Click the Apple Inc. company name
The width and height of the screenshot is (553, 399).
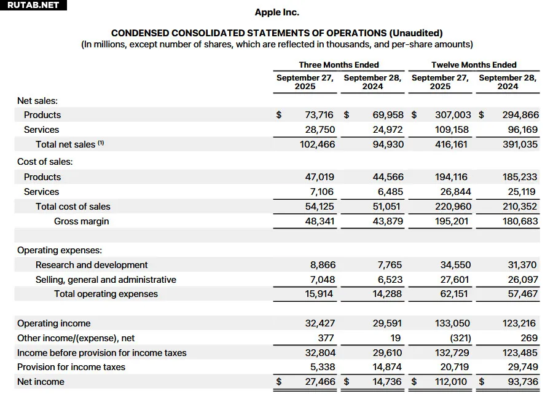(276, 12)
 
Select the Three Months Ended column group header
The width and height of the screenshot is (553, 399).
(339, 65)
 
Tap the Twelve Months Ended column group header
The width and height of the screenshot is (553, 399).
(474, 65)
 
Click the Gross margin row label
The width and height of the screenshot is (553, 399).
(81, 221)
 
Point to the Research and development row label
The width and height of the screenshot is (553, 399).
(92, 265)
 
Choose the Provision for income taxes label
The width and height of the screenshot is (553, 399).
(71, 367)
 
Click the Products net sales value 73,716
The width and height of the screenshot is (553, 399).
(319, 115)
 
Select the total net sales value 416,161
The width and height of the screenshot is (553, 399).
(451, 144)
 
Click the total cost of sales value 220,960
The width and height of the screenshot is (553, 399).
(451, 207)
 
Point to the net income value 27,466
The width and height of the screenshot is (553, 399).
(320, 382)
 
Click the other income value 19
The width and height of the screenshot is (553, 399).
(396, 338)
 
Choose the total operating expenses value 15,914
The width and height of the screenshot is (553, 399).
(319, 294)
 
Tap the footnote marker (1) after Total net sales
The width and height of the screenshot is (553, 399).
(101, 143)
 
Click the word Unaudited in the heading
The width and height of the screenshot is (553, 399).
(415, 33)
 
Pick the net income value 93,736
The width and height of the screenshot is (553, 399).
(522, 382)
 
